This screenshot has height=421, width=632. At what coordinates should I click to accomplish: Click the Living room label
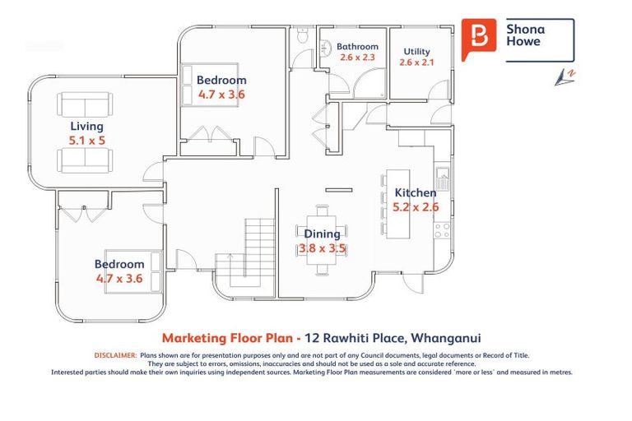pos(86,126)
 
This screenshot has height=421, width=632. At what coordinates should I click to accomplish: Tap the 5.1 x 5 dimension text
pos(86,140)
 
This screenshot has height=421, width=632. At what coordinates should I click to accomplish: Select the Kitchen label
pos(416,193)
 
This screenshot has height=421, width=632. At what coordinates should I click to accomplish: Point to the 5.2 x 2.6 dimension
pos(416,207)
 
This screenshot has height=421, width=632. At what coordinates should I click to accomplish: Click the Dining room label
pos(322,234)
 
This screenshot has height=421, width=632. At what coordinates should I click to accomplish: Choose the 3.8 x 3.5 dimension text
pos(322,248)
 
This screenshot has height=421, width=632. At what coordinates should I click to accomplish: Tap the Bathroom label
pos(357,47)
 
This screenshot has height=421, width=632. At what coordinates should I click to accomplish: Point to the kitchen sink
pos(443,175)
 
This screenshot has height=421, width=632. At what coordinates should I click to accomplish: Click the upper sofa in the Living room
pos(86,104)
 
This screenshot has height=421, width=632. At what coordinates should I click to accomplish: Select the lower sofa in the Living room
pos(86,160)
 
